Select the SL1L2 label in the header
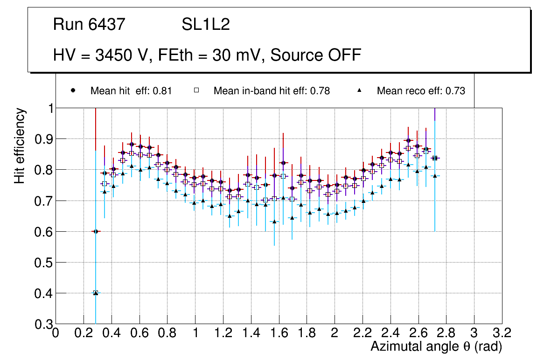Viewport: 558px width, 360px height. (205, 25)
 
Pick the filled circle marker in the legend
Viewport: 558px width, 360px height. (73, 91)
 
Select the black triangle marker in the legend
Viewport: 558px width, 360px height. (360, 91)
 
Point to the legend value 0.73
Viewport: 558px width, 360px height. (455, 91)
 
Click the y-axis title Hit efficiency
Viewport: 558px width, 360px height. (20, 145)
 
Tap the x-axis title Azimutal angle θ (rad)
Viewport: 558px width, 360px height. (437, 346)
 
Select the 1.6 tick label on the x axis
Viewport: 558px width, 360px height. (279, 333)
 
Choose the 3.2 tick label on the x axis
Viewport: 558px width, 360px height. (502, 333)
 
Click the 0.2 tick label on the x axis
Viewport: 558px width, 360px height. (84, 333)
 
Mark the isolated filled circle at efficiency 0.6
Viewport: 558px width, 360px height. (96, 231)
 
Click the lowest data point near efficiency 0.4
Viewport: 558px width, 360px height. (96, 293)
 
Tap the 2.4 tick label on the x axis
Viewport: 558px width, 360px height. (390, 333)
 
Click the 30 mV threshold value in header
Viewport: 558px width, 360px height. (236, 55)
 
